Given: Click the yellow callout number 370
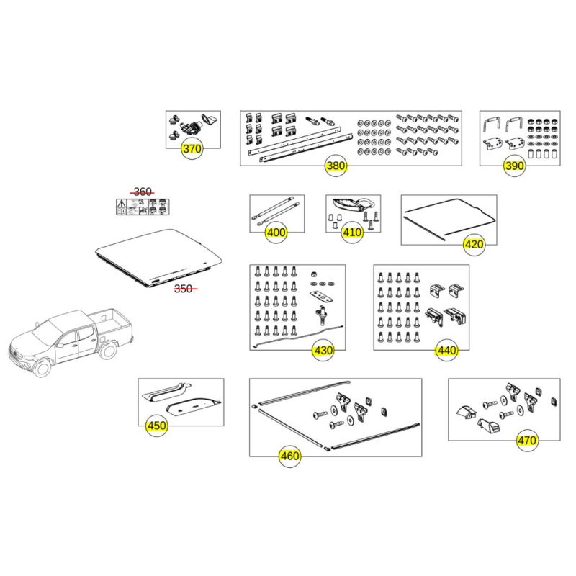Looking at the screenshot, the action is coord(192,149).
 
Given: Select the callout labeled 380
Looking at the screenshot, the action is coord(336,166).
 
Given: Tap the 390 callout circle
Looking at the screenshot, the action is coord(514,166).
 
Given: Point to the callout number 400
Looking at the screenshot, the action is coord(276,233).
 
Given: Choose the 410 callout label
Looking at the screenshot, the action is coord(352,233).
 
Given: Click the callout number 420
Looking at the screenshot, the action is coord(474,244).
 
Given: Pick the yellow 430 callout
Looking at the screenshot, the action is coord(323,351).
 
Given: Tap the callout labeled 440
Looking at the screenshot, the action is coord(446,351).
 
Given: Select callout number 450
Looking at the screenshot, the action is coord(156,426).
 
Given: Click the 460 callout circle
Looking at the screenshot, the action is coord(289,456).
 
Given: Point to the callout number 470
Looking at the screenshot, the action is coord(527,440).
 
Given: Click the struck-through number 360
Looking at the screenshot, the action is coord(143,192).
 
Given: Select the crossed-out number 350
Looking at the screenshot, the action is coord(185,289).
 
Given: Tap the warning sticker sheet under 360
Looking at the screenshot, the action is coord(143,207).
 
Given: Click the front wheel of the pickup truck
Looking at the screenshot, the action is coord(42,367).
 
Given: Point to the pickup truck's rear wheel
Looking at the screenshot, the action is coord(108,349).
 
